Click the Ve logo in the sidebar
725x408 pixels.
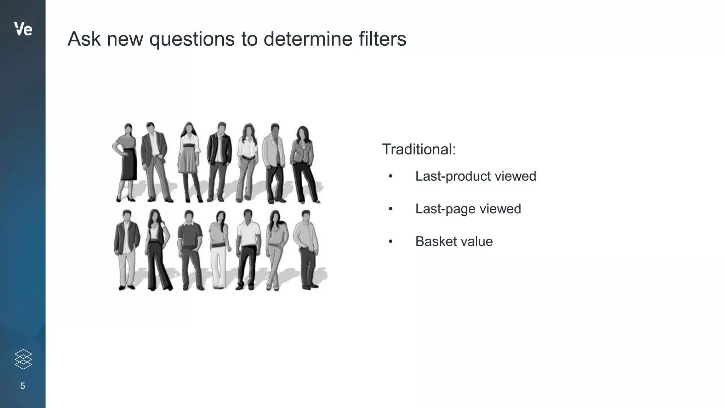tap(23, 29)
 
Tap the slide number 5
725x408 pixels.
tap(23, 386)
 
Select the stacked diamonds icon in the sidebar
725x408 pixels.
tap(23, 359)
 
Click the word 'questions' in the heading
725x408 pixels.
tap(192, 39)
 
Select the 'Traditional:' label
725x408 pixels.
tap(419, 149)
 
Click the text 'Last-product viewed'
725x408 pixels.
tap(475, 176)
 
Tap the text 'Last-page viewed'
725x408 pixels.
tap(468, 209)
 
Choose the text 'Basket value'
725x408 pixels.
tap(454, 241)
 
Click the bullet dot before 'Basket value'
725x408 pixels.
tap(390, 242)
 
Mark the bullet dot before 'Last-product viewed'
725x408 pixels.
tap(390, 176)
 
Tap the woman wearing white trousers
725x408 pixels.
tap(219, 250)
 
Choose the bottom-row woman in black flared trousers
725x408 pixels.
tap(156, 250)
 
